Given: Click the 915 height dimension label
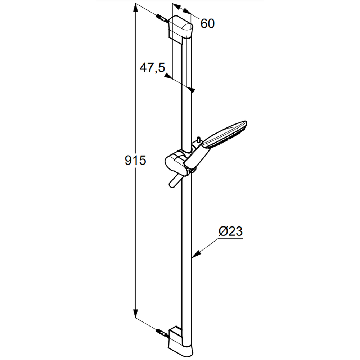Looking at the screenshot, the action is coord(135,160).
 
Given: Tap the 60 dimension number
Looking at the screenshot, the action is coord(208,23).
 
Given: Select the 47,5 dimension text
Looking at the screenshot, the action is coord(152,68).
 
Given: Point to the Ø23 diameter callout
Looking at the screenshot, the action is coord(230,231).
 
